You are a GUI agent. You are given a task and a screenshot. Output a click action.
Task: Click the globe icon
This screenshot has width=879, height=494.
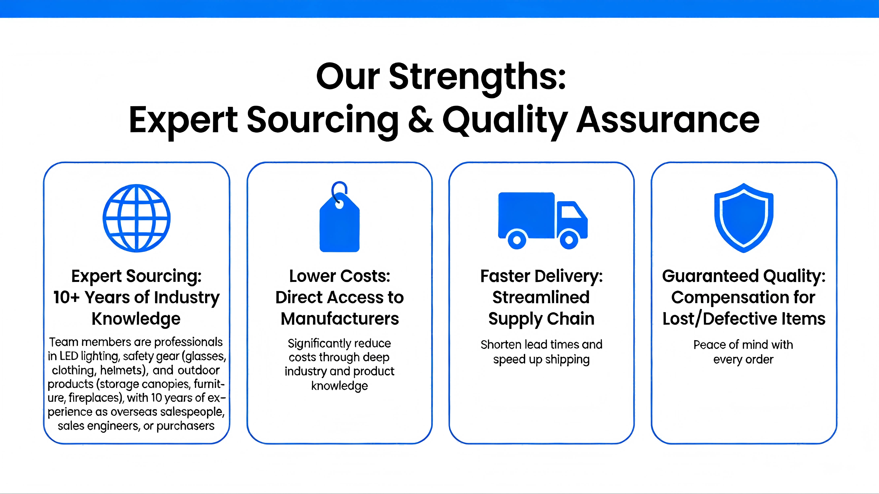click(x=137, y=218)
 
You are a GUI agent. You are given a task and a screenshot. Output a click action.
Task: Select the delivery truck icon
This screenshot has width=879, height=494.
click(x=543, y=220)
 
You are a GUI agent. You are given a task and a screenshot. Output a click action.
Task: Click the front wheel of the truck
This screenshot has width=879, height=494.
click(x=569, y=239)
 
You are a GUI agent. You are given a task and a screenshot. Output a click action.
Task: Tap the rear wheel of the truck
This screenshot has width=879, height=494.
click(x=517, y=239)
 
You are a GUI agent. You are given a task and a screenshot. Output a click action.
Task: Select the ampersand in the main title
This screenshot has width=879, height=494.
click(x=421, y=120)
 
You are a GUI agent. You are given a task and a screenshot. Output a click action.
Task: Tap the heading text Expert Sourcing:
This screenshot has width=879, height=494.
click(x=137, y=276)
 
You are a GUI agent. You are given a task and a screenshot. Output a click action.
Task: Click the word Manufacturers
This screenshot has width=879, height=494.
click(x=340, y=319)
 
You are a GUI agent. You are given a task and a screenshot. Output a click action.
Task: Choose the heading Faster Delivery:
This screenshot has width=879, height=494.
click(x=542, y=276)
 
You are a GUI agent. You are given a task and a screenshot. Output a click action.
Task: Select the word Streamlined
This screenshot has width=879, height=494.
click(x=541, y=297)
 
